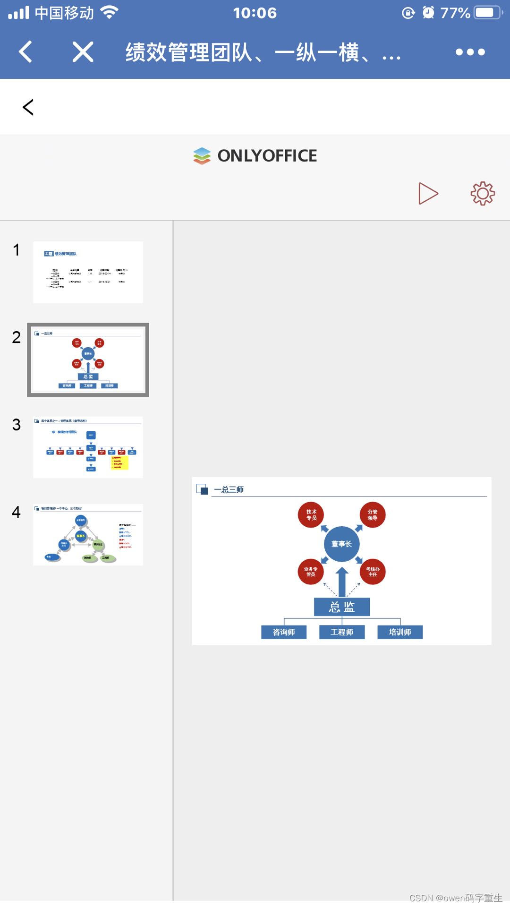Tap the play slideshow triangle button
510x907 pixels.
click(428, 194)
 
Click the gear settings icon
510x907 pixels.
click(482, 193)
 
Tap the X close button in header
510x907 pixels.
click(83, 51)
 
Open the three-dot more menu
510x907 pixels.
click(470, 52)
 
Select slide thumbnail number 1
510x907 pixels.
click(88, 272)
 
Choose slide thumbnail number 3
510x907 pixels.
click(88, 447)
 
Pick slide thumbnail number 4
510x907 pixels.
click(88, 534)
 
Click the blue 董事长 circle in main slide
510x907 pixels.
click(341, 544)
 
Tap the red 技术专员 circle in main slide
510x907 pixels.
click(311, 515)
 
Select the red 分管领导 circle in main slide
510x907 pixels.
click(373, 515)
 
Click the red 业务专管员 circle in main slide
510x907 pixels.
click(311, 572)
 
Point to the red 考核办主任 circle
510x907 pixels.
click(373, 572)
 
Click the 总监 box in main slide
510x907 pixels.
click(342, 607)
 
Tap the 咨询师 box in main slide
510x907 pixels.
click(284, 632)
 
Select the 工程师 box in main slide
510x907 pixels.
click(342, 632)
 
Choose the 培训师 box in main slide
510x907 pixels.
click(400, 632)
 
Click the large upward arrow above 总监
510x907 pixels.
click(342, 582)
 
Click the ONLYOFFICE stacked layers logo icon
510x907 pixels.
click(202, 156)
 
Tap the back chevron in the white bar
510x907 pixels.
click(28, 107)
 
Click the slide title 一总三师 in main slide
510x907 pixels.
click(229, 490)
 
